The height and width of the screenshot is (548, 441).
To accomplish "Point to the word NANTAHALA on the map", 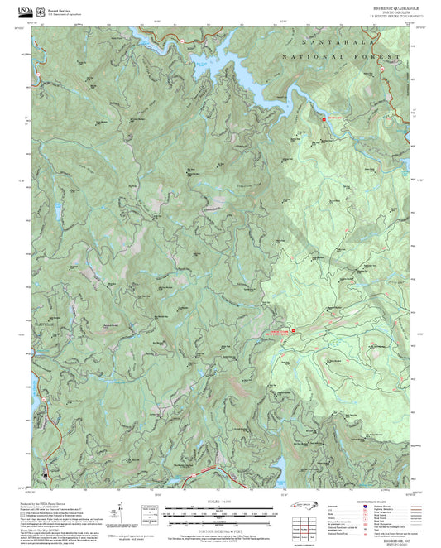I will pyautogui.click(x=336, y=39).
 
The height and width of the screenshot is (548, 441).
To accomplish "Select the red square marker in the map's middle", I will pyautogui.click(x=293, y=333).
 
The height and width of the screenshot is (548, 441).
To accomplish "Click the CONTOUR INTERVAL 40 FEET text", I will pyautogui.click(x=220, y=528).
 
